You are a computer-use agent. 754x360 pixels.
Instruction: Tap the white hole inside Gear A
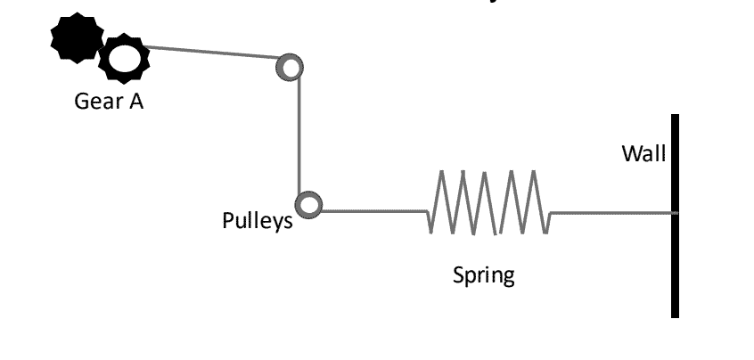click(123, 59)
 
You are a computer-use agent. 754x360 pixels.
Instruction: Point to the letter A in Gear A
click(136, 101)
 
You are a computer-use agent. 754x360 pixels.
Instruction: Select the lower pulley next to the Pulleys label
click(308, 204)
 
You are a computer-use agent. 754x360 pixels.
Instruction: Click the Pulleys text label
click(257, 221)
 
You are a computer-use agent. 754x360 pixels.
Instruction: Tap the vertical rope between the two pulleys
click(300, 134)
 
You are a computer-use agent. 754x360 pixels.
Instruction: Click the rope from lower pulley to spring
click(374, 212)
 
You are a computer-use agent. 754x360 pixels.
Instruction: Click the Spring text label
click(483, 274)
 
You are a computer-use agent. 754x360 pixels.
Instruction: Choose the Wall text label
click(643, 154)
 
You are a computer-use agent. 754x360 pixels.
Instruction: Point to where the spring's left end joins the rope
click(428, 212)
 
